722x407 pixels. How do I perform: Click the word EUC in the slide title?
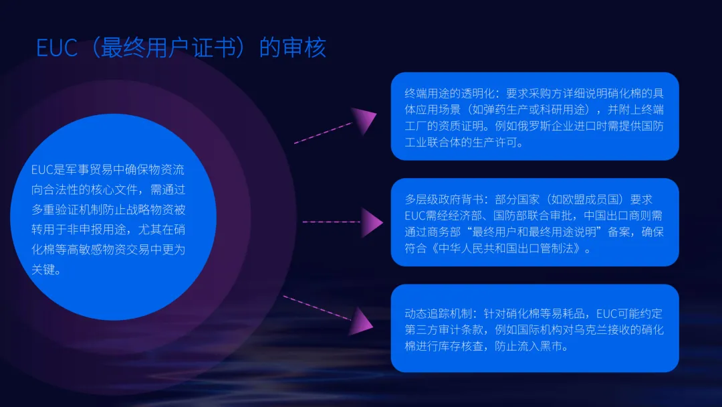[x=57, y=48]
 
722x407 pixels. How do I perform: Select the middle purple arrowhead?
[x=372, y=222]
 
